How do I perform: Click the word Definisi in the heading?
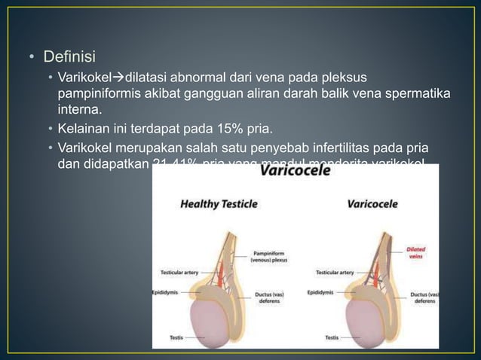tap(69, 56)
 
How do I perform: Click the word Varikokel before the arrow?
tap(84, 78)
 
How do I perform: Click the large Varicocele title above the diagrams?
tap(295, 173)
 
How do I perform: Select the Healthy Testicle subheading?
tap(219, 204)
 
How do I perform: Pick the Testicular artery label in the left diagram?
tap(179, 272)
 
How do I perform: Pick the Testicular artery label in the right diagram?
tap(335, 272)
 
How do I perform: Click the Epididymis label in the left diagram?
tap(166, 292)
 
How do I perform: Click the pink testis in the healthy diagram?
tap(218, 316)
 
